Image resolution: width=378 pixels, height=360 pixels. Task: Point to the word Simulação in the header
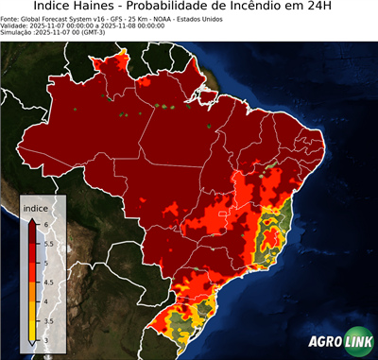click(18, 32)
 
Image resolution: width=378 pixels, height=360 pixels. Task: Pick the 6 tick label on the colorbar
click(46, 223)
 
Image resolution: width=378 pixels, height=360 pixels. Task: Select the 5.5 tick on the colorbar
click(49, 242)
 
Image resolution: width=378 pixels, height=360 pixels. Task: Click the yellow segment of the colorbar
click(30, 320)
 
